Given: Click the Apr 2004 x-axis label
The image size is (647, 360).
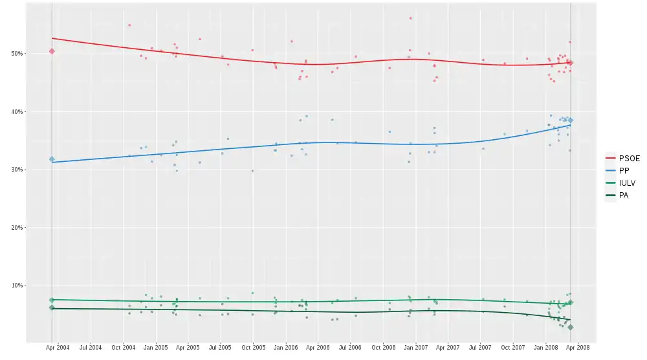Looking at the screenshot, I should [x=58, y=348].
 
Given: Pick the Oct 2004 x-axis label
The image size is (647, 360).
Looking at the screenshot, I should [x=124, y=348].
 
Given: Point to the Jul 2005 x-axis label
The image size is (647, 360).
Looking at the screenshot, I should [x=221, y=348].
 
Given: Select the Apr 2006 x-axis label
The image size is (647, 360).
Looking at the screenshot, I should [x=318, y=348].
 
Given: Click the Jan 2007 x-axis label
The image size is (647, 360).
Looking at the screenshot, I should [x=415, y=348].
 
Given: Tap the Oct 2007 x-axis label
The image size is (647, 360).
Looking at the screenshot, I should [x=513, y=348].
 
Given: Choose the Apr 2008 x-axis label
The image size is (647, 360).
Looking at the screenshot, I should [x=578, y=348].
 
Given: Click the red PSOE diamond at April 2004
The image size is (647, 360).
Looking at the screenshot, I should [x=52, y=51].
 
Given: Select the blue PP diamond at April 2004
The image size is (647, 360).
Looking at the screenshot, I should [x=52, y=159].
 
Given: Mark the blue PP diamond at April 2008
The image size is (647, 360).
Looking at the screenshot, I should [x=570, y=120].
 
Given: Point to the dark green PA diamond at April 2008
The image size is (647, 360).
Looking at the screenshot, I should [x=570, y=328].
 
